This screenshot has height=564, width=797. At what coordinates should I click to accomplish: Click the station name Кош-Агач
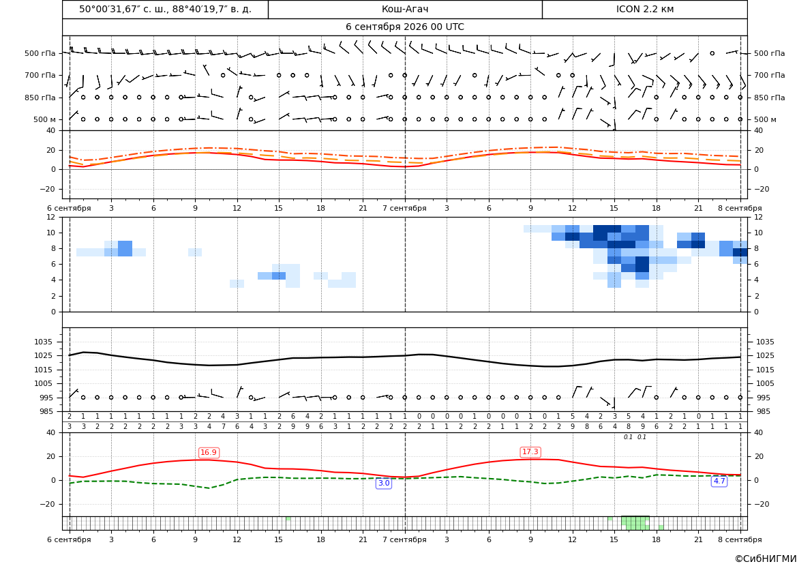coord(404,9)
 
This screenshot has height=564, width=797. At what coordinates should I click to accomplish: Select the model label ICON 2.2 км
coord(644,9)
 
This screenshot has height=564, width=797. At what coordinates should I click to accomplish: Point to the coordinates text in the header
coord(165,9)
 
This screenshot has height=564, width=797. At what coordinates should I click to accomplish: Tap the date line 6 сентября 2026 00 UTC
coord(404,27)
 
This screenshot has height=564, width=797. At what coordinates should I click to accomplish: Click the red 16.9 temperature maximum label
coord(209,453)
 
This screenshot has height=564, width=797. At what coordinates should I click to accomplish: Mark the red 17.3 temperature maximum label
coord(530,451)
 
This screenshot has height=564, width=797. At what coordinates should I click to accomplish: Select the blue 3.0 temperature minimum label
coord(384,483)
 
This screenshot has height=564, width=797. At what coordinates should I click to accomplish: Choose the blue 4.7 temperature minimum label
coord(719,481)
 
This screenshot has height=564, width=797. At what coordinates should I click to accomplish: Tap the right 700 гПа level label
coord(770,75)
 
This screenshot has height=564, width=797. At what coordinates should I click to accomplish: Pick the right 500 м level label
coord(766,119)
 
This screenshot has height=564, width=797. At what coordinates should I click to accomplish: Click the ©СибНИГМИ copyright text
coord(766,559)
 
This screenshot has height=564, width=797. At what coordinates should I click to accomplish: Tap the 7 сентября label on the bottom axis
coord(404,539)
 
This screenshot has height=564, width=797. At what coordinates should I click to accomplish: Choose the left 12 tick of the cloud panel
coord(51,217)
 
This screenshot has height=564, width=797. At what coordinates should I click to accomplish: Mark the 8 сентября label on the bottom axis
coord(740,539)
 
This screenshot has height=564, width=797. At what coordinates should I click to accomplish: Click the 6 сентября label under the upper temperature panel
coord(69,208)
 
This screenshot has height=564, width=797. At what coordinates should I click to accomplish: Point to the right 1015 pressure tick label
coord(765,370)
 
